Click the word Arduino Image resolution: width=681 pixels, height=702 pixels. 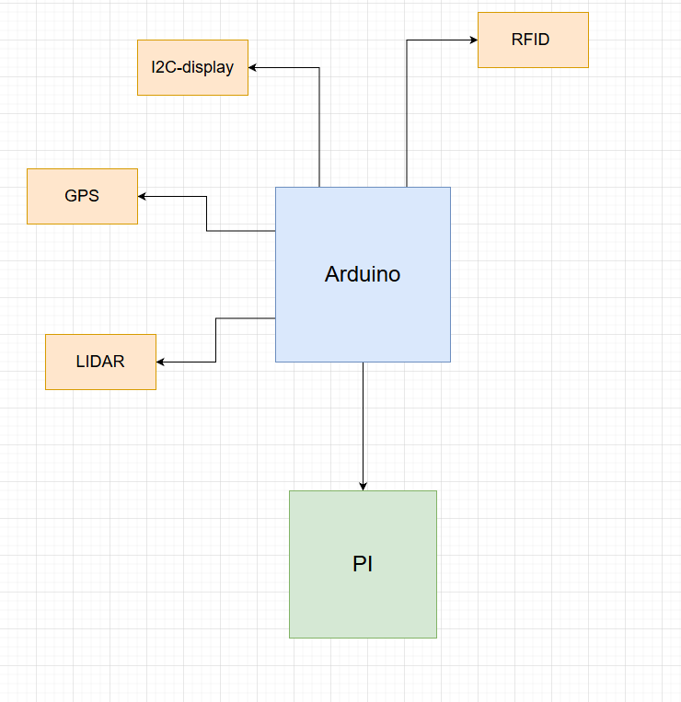(x=363, y=274)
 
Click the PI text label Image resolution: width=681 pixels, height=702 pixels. (x=363, y=564)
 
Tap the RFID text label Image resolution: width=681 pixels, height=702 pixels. (x=530, y=40)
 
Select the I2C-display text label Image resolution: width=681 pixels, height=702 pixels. (x=192, y=67)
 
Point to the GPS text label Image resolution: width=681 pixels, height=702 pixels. (x=82, y=196)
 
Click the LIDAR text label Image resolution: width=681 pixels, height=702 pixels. (x=100, y=362)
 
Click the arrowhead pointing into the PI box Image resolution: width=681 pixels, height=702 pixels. (x=363, y=486)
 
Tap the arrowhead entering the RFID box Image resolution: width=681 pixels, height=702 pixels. (x=473, y=40)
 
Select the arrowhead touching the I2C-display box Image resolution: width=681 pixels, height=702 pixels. (x=253, y=67)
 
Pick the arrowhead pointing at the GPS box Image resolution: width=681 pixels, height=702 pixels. (x=143, y=196)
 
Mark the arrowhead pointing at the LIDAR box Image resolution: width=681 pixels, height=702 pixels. (x=161, y=362)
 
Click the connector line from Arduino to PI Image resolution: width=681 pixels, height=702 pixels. (x=363, y=423)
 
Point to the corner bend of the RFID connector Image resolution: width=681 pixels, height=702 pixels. (x=407, y=40)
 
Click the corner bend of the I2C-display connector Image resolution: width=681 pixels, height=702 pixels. (x=319, y=67)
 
